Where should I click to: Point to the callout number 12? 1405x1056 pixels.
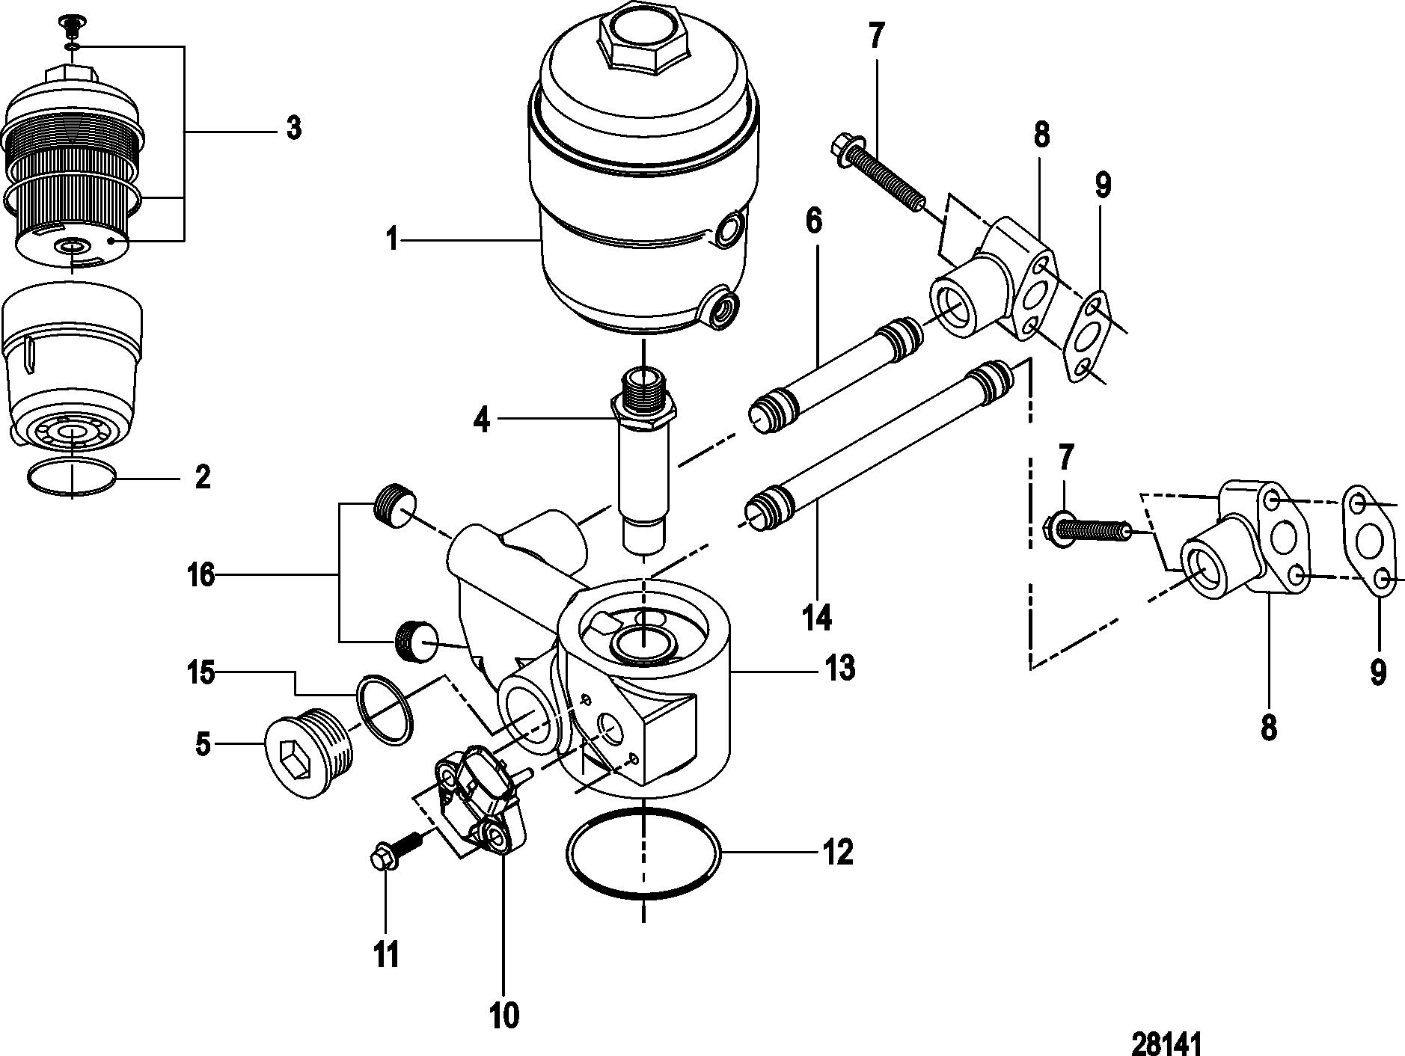(837, 852)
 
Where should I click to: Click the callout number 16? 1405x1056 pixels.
(201, 575)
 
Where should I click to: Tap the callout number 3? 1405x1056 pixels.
(293, 129)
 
